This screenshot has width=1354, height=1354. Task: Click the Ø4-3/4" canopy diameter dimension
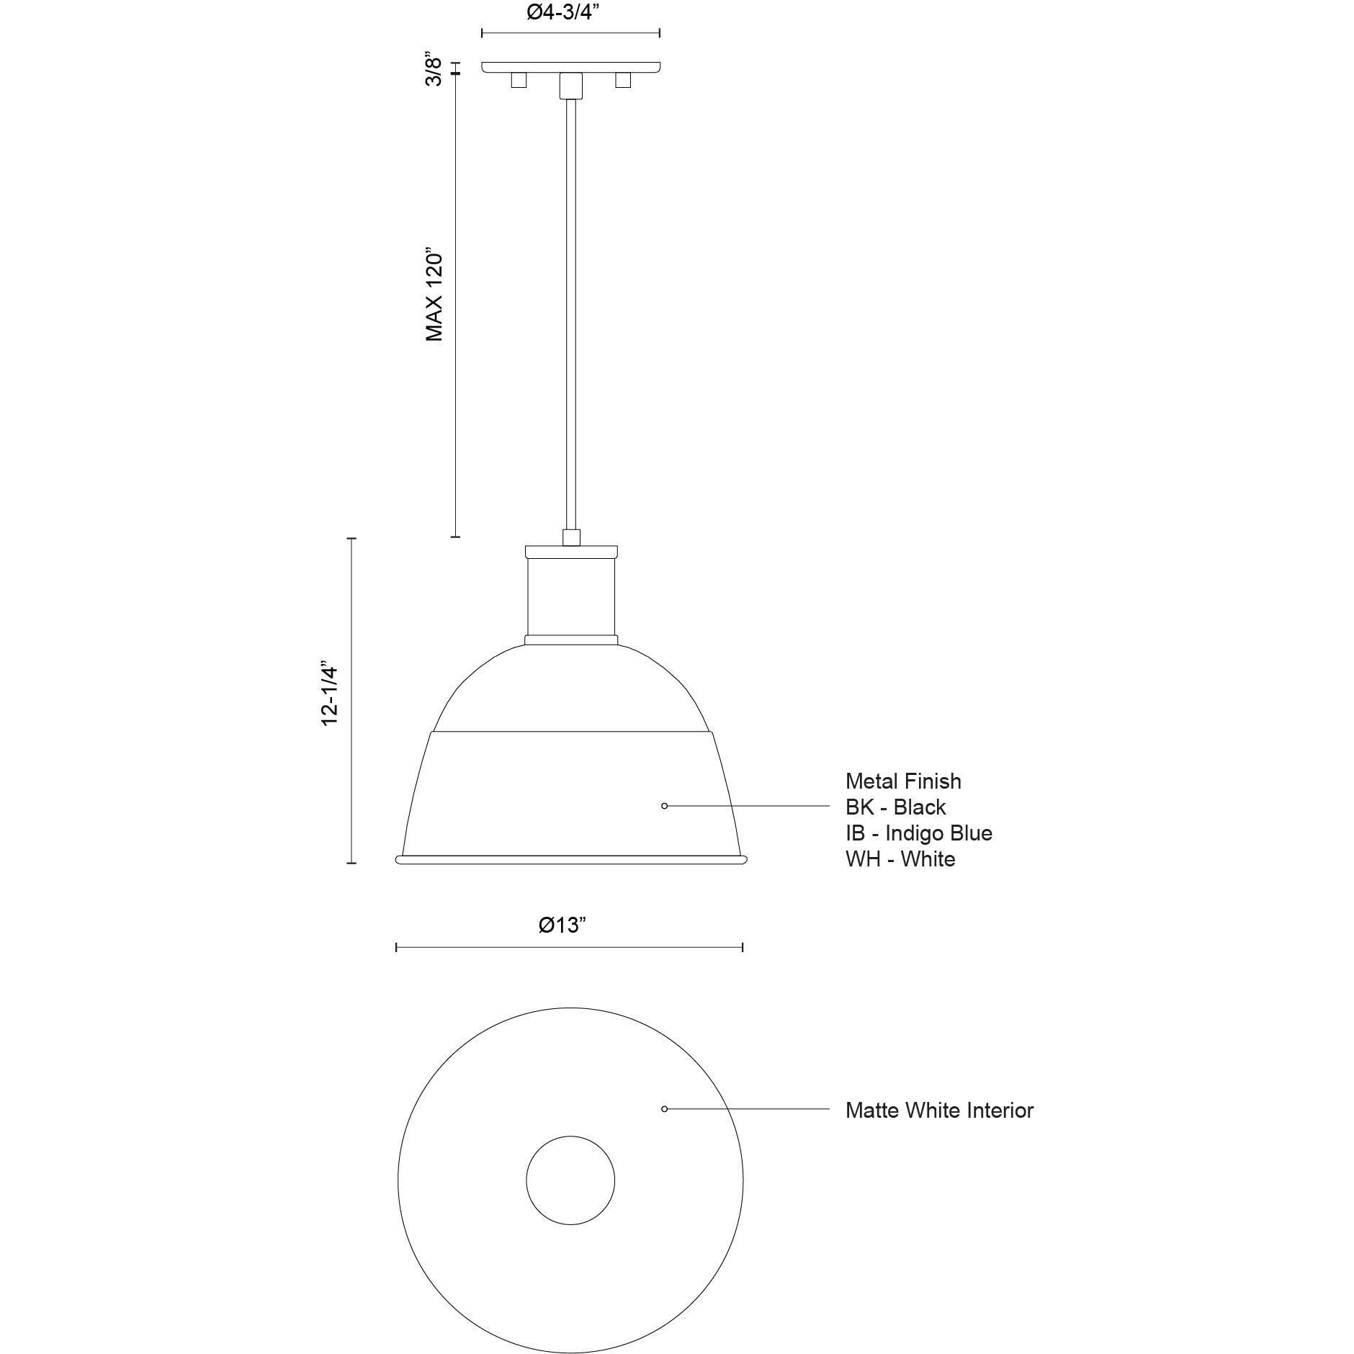(563, 13)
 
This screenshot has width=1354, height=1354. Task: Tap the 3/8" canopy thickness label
(434, 69)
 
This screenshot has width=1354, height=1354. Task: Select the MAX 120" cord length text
(434, 296)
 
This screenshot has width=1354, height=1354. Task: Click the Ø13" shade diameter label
(562, 925)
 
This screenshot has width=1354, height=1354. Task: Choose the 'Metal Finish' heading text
(903, 781)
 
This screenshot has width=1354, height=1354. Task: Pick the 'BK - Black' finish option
(895, 807)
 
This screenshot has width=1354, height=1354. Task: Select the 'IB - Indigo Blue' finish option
(918, 833)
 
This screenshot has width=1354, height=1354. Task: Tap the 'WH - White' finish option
(900, 858)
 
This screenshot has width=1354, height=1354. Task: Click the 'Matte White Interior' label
(939, 1110)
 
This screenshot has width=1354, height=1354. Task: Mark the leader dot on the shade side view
(664, 806)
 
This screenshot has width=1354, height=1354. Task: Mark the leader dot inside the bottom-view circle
(664, 1109)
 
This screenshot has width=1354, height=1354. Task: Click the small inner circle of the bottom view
(570, 1180)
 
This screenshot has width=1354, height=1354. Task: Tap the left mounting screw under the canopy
(519, 80)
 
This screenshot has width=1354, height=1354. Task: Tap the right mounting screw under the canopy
(623, 80)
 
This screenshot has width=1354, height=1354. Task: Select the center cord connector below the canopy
(570, 85)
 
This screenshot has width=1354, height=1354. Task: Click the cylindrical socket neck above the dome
(570, 596)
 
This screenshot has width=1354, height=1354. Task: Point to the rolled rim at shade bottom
(570, 859)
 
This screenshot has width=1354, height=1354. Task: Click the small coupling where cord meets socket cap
(571, 537)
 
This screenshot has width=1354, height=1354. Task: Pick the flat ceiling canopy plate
(570, 67)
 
